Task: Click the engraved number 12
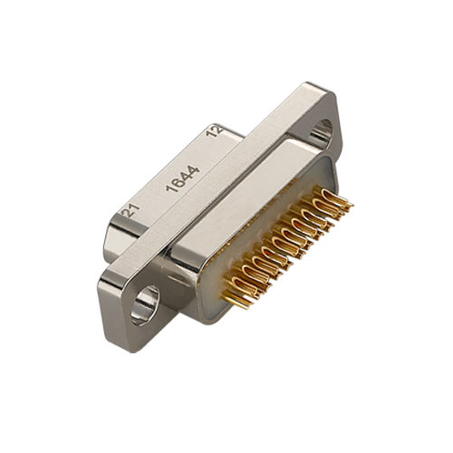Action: tap(215, 131)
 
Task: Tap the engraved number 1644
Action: tap(183, 178)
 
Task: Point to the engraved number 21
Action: tap(130, 210)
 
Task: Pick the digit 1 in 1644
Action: tap(171, 188)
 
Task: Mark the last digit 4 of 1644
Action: tap(194, 170)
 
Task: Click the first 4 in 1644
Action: tap(187, 176)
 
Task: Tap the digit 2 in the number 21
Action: tap(127, 213)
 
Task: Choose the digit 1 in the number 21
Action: tap(135, 207)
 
